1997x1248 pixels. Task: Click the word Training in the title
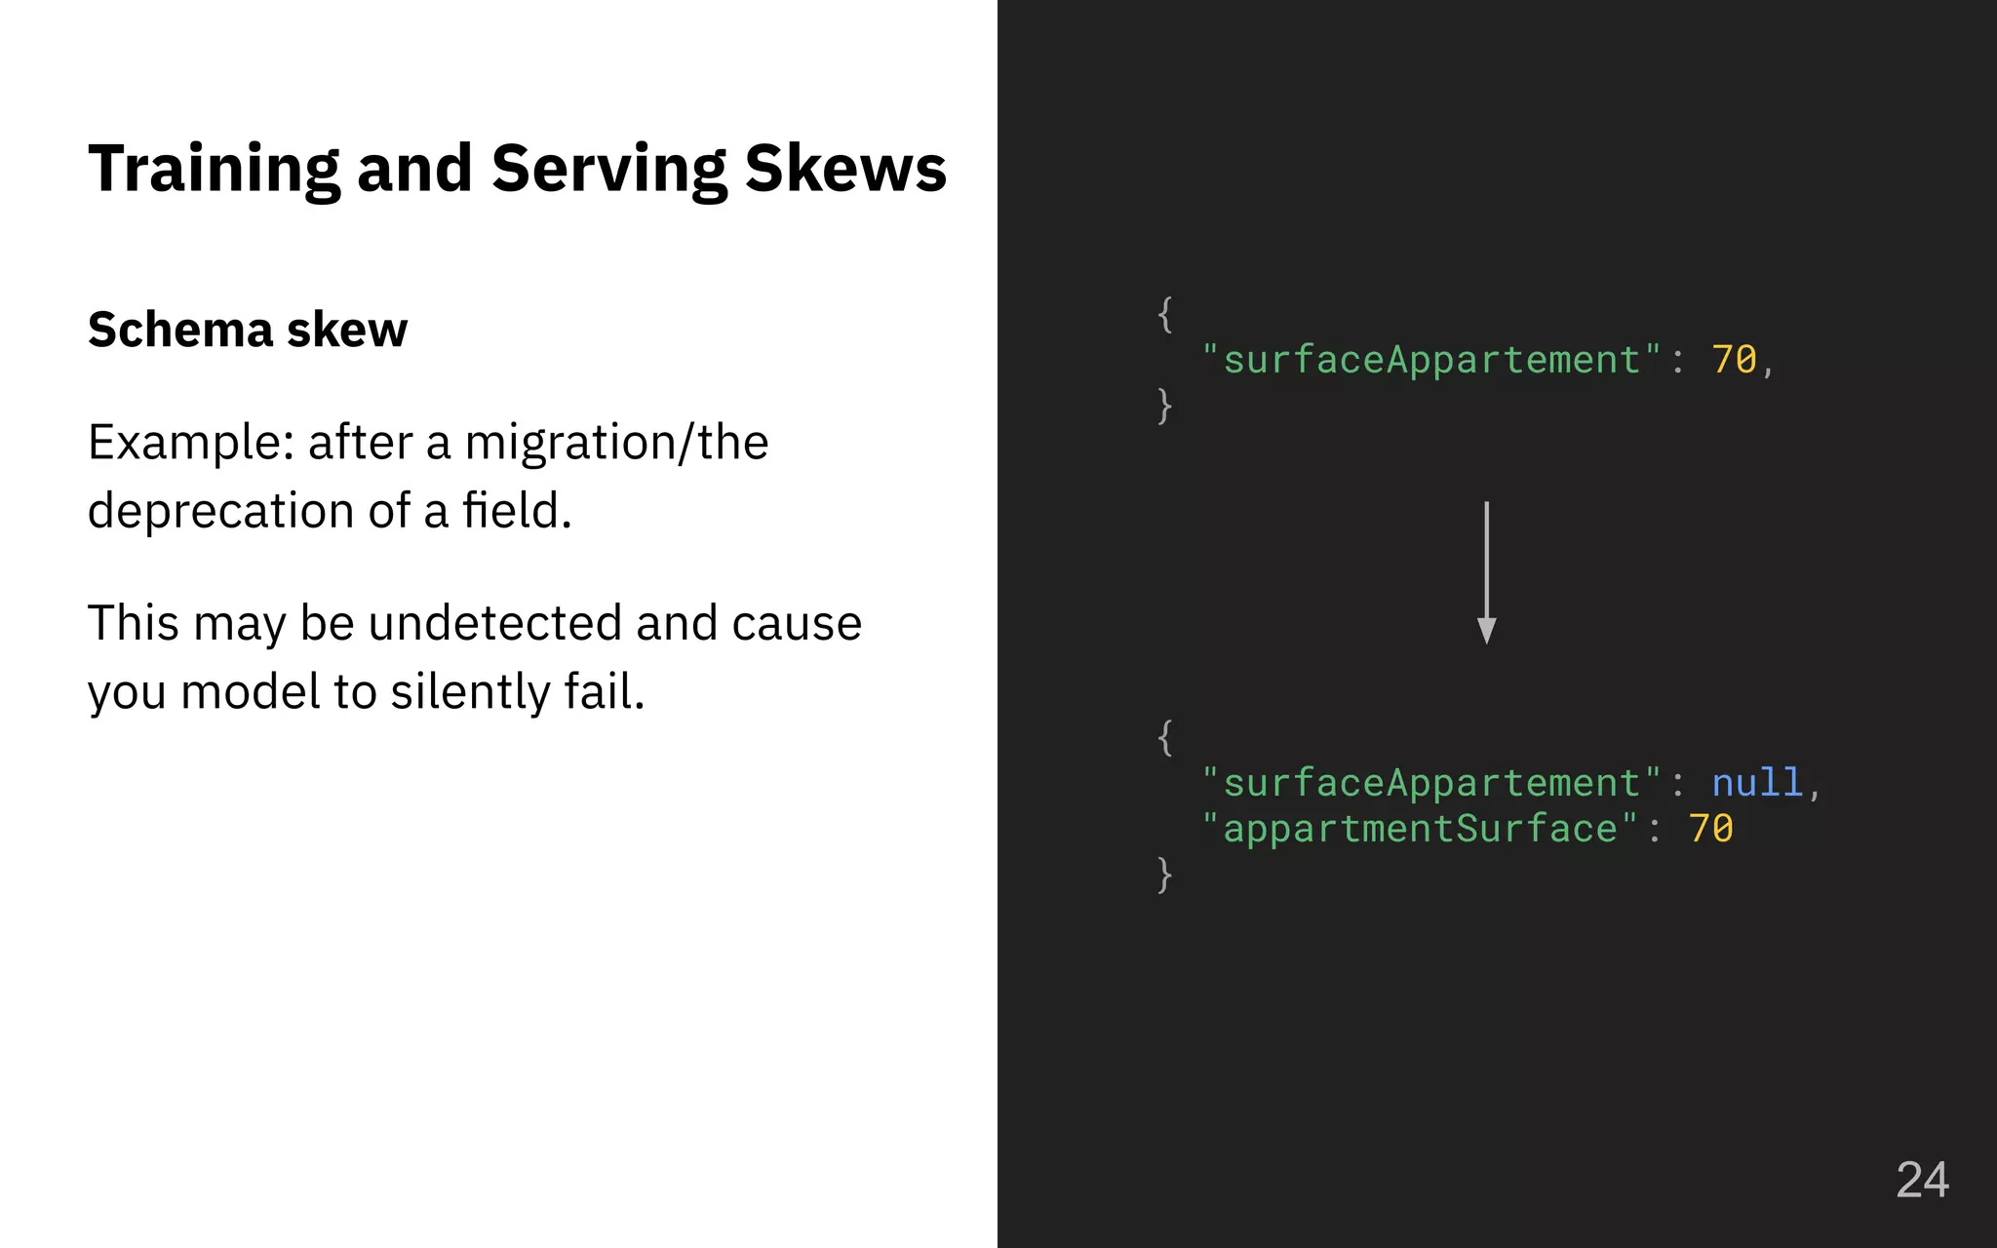tap(214, 170)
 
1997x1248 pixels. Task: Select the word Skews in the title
tap(844, 168)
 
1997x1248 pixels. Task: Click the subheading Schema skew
tap(248, 330)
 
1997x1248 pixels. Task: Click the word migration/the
tap(616, 443)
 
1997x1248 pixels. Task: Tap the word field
tap(516, 510)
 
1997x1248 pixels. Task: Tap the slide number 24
tap(1922, 1180)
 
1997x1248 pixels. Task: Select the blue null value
tap(1757, 783)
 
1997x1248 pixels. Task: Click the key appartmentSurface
tap(1420, 829)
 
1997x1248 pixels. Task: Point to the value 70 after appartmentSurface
tap(1711, 829)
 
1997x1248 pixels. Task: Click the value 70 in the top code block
tap(1735, 360)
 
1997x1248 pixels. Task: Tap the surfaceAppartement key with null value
tap(1431, 783)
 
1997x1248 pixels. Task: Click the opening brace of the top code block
tap(1164, 315)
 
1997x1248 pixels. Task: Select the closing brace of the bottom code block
tap(1164, 875)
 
